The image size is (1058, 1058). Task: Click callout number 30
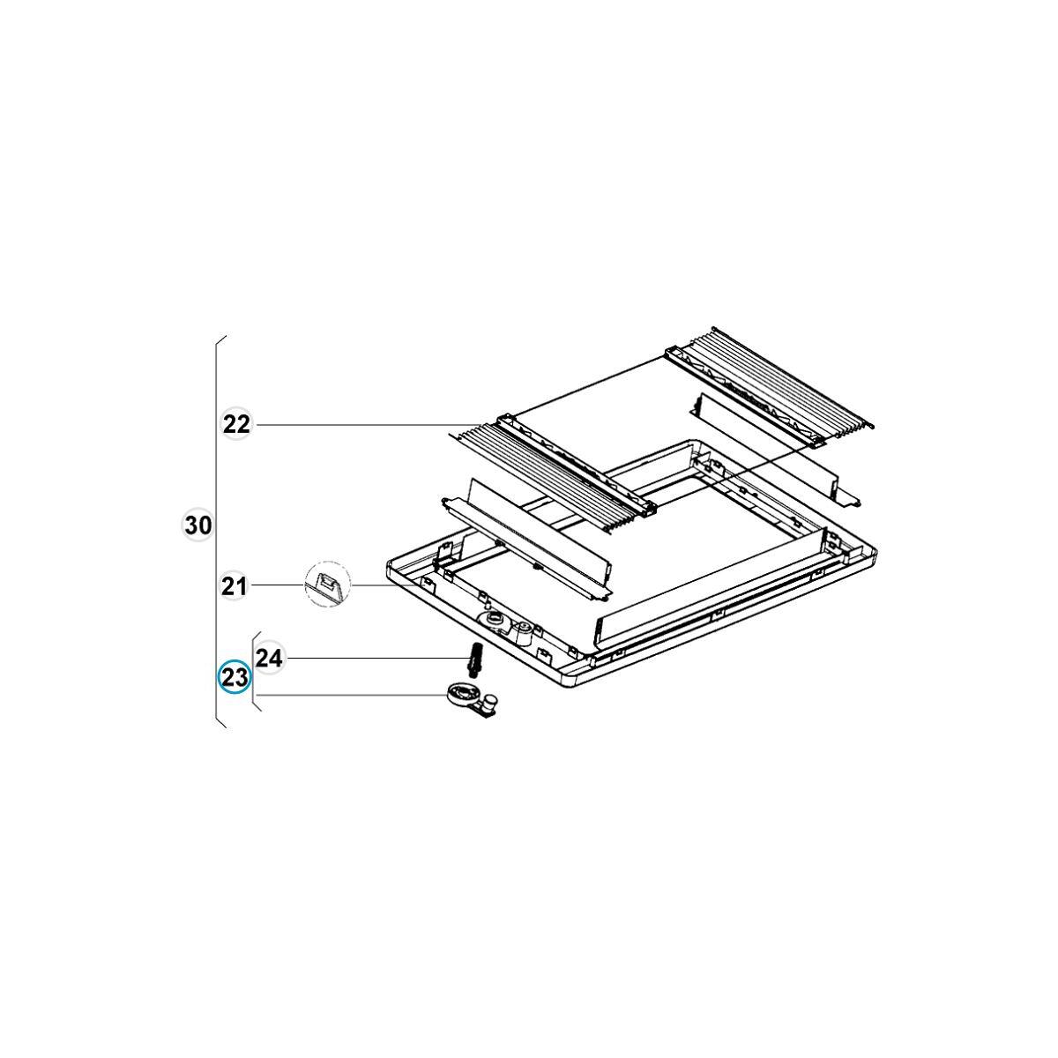[x=197, y=525]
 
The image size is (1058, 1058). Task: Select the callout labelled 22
[x=236, y=424]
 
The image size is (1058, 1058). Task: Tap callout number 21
[x=234, y=586]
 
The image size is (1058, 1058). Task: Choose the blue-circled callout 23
[x=235, y=677]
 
